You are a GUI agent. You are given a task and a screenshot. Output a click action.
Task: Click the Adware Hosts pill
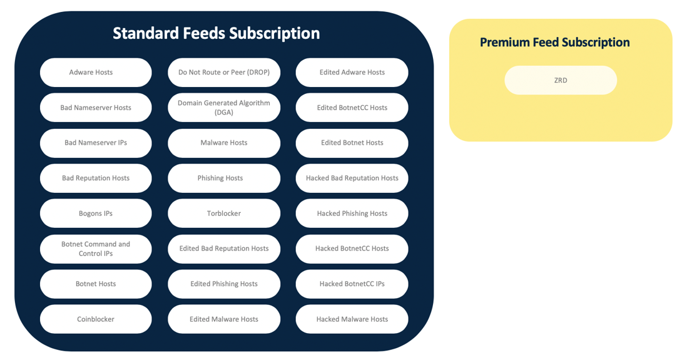click(x=96, y=73)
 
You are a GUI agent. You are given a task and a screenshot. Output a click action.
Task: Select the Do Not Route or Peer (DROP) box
click(x=224, y=73)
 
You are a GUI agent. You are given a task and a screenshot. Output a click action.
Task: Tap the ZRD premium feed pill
click(x=561, y=80)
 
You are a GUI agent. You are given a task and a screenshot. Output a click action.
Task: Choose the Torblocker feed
click(x=224, y=213)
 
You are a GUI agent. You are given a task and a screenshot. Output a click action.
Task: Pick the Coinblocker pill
click(x=96, y=319)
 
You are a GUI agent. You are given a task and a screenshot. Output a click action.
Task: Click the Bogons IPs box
click(x=96, y=213)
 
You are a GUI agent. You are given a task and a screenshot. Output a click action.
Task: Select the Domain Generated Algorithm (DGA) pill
click(x=224, y=108)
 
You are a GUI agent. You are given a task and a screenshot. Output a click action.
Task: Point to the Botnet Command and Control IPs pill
click(x=96, y=249)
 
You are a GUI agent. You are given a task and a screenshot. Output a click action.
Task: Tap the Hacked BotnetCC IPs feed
click(x=352, y=284)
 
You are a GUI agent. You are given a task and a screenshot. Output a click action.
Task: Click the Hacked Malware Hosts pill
click(x=352, y=319)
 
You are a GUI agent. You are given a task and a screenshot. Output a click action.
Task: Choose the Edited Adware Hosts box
click(x=352, y=73)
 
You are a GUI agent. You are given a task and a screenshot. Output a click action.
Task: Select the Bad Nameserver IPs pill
click(x=96, y=143)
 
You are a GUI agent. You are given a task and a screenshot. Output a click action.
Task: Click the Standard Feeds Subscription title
click(x=216, y=33)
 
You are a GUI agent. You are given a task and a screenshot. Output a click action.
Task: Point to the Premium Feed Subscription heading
click(x=555, y=42)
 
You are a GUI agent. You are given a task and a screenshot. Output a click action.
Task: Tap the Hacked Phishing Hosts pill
click(x=352, y=213)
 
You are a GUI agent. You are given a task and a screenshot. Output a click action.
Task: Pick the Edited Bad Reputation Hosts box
click(x=224, y=249)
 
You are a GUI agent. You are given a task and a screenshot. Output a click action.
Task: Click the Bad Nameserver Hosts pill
click(x=96, y=108)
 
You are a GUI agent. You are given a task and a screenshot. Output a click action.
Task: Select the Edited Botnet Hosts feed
click(x=352, y=143)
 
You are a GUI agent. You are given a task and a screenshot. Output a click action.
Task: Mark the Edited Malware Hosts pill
click(x=224, y=319)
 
